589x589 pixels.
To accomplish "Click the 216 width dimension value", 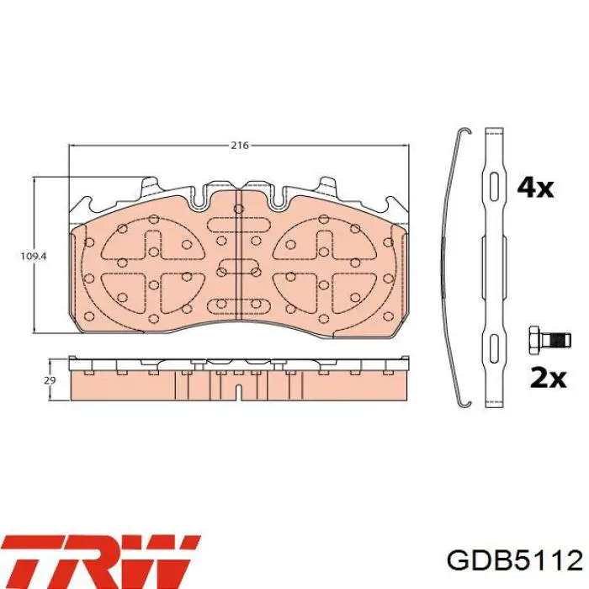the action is tap(240, 145).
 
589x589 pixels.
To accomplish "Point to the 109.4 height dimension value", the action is tap(33, 257).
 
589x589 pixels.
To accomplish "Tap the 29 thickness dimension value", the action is tap(50, 380).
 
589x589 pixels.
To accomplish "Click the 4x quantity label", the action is tap(535, 188).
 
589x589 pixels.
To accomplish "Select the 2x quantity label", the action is tap(548, 379).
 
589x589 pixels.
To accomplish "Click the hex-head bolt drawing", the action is tap(549, 340).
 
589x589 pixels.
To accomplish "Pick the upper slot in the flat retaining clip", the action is tap(494, 186).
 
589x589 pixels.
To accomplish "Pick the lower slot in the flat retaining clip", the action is tap(494, 348).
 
